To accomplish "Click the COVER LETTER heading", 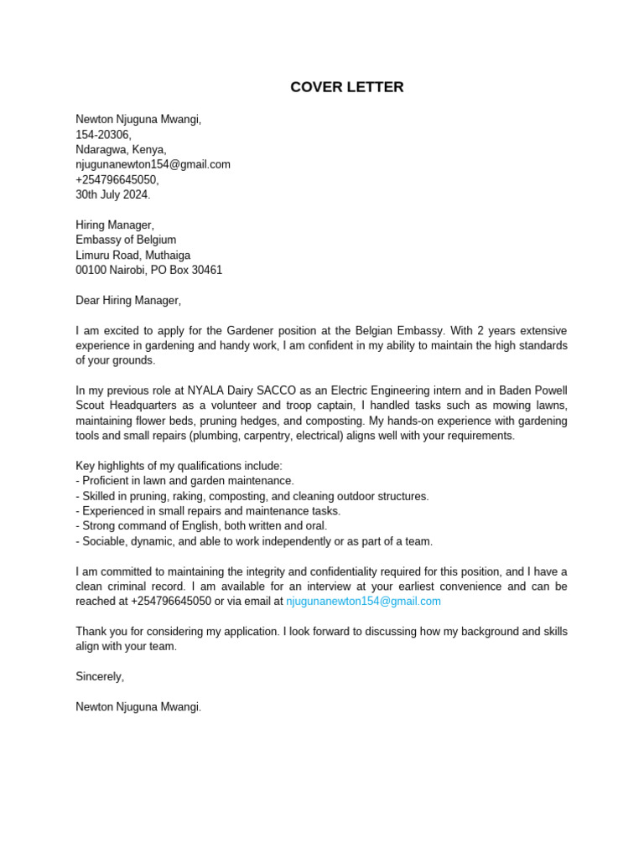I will click(346, 87).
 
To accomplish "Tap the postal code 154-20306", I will click(103, 134).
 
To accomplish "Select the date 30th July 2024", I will click(113, 194).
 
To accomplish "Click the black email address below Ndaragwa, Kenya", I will click(153, 164).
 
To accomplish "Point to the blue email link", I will click(363, 601).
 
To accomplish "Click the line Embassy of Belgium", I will click(126, 240).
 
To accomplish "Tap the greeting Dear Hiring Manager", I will click(127, 300).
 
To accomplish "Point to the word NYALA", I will click(208, 390).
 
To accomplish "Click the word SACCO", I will click(294, 390).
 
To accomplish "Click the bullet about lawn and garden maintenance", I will click(185, 481).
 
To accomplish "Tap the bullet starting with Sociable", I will click(254, 541).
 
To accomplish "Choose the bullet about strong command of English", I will click(201, 526).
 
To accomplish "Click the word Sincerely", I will click(100, 676).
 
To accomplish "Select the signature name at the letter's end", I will click(138, 706).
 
